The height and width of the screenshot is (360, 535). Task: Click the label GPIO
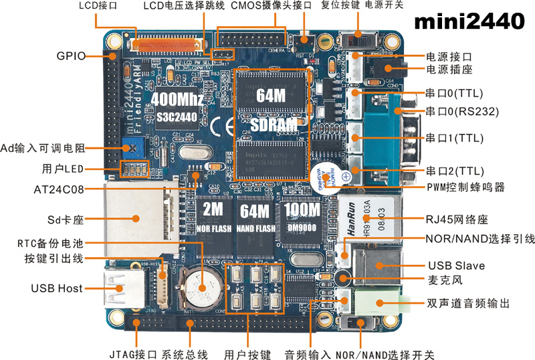pyautogui.click(x=71, y=56)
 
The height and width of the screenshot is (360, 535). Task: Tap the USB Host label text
pyautogui.click(x=57, y=288)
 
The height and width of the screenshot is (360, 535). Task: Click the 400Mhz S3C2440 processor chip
pyautogui.click(x=177, y=108)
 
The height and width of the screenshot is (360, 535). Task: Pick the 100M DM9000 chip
pyautogui.click(x=301, y=218)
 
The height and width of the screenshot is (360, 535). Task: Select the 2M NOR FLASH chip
pyautogui.click(x=213, y=218)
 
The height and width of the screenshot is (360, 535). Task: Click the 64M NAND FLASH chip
pyautogui.click(x=254, y=218)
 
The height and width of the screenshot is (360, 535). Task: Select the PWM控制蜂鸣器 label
pyautogui.click(x=465, y=187)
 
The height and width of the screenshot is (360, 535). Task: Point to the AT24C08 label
pyautogui.click(x=59, y=189)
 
